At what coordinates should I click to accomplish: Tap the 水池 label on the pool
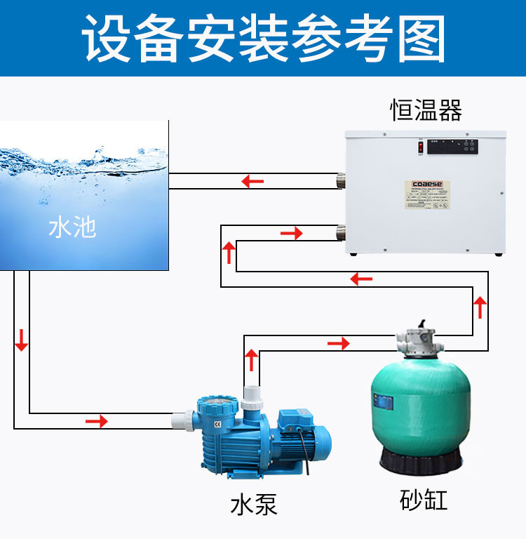click(72, 227)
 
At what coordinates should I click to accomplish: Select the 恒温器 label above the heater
click(426, 111)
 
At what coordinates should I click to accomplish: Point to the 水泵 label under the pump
click(254, 505)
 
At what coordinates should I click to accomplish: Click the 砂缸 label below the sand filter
click(423, 500)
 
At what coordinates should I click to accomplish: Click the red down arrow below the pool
click(22, 339)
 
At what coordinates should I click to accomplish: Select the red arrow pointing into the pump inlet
click(97, 421)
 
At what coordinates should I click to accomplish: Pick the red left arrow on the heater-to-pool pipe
click(252, 182)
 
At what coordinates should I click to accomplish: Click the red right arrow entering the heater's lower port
click(291, 232)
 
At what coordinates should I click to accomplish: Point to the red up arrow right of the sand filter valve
click(480, 307)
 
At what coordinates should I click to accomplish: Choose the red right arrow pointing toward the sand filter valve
click(338, 343)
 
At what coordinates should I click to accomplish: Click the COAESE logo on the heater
click(426, 186)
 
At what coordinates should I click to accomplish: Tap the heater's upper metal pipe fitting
click(342, 181)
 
